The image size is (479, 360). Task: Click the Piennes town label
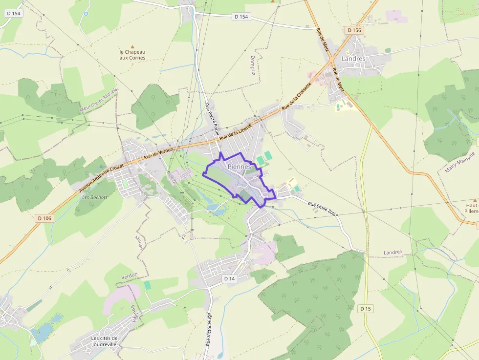point(239,167)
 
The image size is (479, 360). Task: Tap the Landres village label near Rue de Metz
point(353,59)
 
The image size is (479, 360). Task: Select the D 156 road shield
point(354,30)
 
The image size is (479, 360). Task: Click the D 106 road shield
point(44,218)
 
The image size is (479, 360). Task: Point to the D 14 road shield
point(229,278)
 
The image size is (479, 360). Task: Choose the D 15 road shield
point(365,308)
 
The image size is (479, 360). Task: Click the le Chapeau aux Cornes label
point(132,55)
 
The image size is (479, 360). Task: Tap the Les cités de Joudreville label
point(105,341)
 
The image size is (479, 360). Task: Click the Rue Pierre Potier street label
point(212,119)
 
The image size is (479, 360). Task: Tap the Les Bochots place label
point(95,197)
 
